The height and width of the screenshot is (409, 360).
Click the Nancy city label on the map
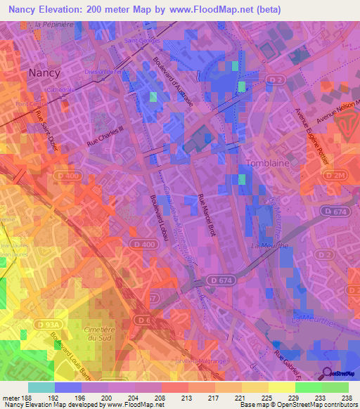coord(44,72)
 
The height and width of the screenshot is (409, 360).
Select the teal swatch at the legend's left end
coord(41,387)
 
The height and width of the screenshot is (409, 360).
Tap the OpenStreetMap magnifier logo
coord(328,375)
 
